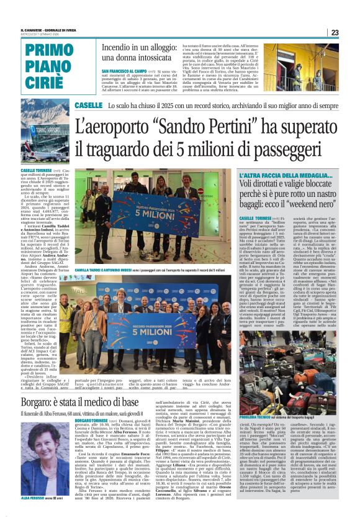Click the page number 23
click(x=335, y=32)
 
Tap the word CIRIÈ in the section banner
click(x=49, y=83)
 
